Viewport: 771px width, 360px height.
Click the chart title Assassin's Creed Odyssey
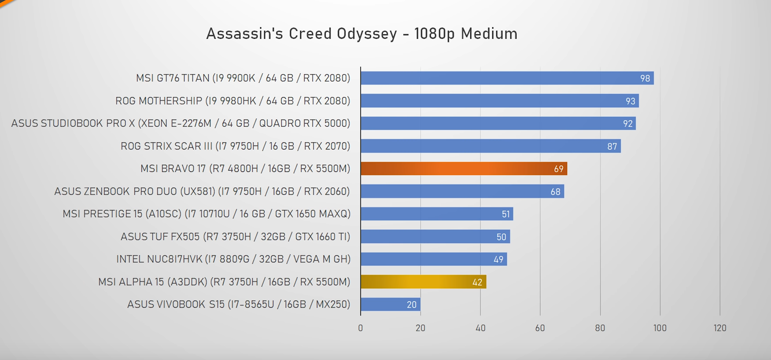tap(362, 34)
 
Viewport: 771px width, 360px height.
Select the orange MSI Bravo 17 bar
tap(463, 169)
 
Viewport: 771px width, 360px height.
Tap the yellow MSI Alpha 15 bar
tap(423, 282)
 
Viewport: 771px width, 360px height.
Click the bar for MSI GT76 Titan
tap(506, 78)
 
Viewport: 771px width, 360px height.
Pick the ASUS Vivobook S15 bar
tap(390, 304)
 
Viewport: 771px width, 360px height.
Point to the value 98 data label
tap(645, 78)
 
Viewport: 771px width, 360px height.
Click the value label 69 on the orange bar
tap(558, 169)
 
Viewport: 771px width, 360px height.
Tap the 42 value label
tap(477, 282)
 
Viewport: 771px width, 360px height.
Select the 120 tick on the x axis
tap(719, 328)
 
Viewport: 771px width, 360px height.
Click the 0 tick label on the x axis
tap(360, 328)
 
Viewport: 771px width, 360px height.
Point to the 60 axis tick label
tap(540, 328)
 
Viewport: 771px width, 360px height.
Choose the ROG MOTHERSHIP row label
tap(232, 101)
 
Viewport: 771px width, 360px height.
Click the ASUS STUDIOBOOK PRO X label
tap(181, 123)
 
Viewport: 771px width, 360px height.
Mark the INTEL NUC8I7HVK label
tap(233, 259)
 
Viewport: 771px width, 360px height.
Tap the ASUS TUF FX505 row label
tap(235, 236)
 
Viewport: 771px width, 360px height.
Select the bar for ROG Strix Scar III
tap(490, 146)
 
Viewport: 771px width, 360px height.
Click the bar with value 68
tap(462, 191)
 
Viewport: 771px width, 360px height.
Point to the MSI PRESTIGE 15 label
tap(207, 214)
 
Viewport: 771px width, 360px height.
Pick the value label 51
tap(505, 214)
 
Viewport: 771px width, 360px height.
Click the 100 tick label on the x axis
tap(660, 328)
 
